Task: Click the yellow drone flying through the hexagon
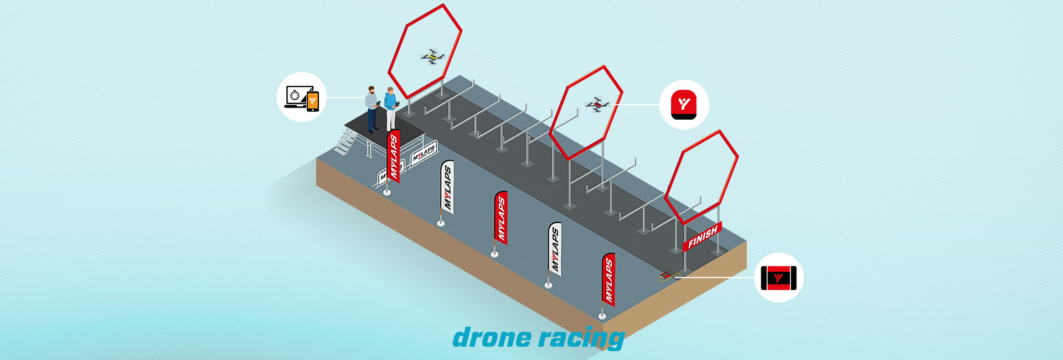click(432, 57)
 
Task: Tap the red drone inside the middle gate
click(597, 105)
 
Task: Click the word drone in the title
click(492, 337)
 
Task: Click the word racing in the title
click(582, 338)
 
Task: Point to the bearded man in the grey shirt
click(371, 109)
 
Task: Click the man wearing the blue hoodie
click(390, 108)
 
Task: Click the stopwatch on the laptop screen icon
click(295, 96)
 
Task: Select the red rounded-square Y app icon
click(684, 105)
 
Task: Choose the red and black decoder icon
click(778, 277)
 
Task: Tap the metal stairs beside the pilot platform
click(345, 142)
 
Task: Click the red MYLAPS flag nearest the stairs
click(393, 157)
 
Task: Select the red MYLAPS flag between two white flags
click(500, 218)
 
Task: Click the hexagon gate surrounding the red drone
click(586, 113)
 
